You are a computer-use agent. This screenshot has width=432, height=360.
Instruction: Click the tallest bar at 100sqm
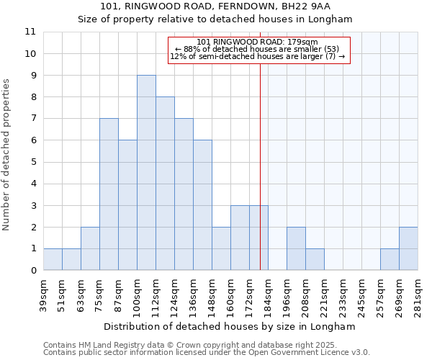[x=146, y=173]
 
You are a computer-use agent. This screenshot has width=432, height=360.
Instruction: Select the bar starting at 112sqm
[x=165, y=184]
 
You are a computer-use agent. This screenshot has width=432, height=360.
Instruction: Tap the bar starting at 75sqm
[x=109, y=194]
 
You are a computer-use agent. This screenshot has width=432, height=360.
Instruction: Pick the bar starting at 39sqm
[x=53, y=259]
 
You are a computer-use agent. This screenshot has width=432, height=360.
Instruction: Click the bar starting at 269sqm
[x=408, y=248]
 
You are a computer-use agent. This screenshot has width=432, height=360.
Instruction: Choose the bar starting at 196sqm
[x=296, y=248]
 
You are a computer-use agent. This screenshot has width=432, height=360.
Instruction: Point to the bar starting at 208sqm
[x=315, y=259]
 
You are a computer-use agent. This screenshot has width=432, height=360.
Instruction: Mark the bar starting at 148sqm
[x=221, y=248]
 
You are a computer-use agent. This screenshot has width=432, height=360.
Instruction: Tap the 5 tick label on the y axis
[x=33, y=162]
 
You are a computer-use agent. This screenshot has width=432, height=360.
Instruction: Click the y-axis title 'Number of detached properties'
[x=7, y=155]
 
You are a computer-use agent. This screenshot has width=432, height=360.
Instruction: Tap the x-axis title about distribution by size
[x=230, y=326]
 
